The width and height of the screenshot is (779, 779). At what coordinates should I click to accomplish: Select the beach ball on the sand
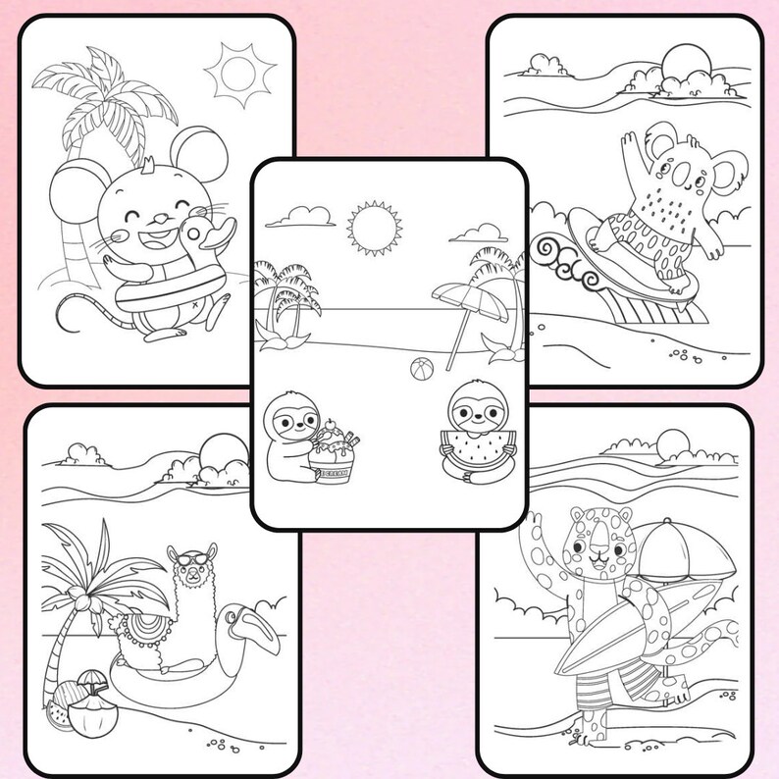(420, 372)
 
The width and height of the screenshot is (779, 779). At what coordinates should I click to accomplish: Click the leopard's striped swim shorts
(600, 687)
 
